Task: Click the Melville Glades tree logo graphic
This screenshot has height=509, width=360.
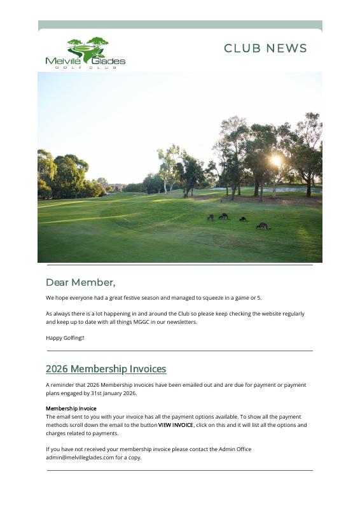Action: (x=88, y=48)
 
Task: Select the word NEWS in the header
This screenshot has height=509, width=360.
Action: (x=287, y=49)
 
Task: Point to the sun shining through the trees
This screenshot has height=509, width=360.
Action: (x=275, y=160)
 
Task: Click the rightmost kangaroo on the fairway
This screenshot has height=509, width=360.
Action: (x=261, y=225)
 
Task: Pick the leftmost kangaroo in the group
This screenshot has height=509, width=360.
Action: (x=211, y=218)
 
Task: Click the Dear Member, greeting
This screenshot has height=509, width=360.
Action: (x=80, y=282)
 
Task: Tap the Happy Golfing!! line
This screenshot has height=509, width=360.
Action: (x=65, y=338)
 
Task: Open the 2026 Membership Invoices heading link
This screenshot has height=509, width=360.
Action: (x=106, y=369)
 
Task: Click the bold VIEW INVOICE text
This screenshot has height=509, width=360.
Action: (x=176, y=425)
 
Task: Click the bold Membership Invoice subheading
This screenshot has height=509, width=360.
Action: (x=71, y=408)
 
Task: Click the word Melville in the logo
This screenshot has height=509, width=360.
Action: (x=60, y=61)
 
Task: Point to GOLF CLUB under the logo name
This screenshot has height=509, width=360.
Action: (x=85, y=67)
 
